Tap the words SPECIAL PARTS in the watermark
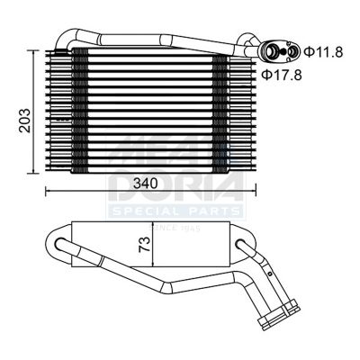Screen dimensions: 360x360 (x=175, y=211)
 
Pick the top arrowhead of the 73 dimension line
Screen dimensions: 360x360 (x=155, y=222)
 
